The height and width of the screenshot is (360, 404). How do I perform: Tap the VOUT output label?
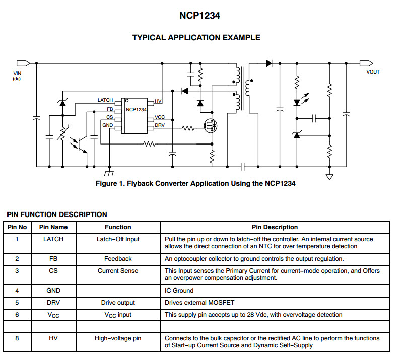[373, 72]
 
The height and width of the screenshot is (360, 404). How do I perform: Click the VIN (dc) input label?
[17, 76]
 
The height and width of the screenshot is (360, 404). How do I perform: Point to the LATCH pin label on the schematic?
[105, 100]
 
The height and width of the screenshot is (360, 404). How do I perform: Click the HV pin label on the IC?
[158, 101]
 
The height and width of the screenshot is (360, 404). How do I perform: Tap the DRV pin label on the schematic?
[160, 125]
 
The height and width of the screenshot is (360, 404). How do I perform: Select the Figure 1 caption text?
[195, 183]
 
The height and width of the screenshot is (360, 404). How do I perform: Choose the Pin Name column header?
[53, 227]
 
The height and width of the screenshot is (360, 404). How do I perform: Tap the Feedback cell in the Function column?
[118, 259]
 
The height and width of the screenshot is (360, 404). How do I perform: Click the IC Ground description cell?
[179, 291]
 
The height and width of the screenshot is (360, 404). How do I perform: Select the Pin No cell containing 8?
[17, 339]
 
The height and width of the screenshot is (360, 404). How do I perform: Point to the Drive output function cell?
[118, 303]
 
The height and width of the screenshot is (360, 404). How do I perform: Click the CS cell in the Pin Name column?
[53, 271]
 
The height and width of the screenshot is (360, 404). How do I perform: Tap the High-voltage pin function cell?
[118, 339]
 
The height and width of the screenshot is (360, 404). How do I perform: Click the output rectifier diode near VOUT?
[269, 63]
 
